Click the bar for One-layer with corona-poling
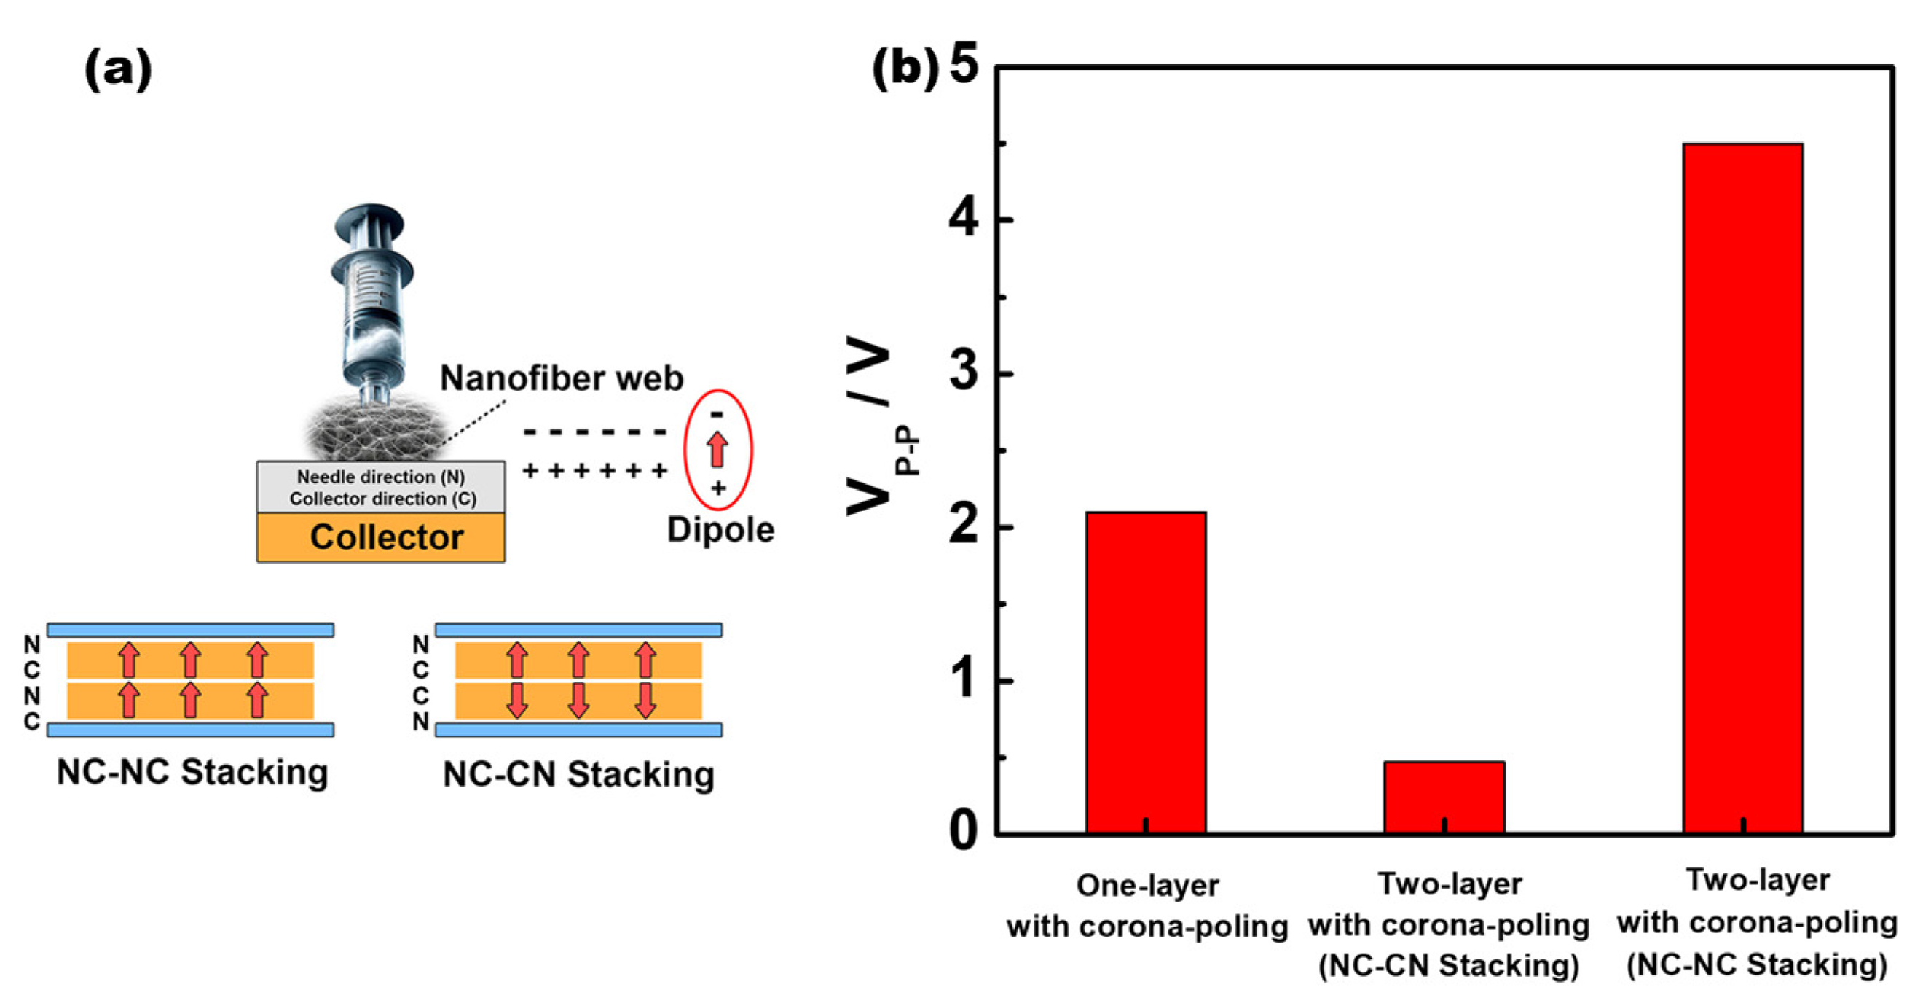point(1145,672)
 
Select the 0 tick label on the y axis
point(964,830)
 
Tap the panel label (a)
point(118,69)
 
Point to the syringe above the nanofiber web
point(371,299)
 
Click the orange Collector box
point(381,537)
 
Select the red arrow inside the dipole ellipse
point(717,449)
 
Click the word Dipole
point(720,529)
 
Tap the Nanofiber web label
point(562,378)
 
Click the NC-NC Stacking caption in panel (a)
point(192,772)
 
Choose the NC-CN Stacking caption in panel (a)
point(578,773)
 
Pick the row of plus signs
point(595,470)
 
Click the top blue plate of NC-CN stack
point(578,631)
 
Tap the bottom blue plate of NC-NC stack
point(190,730)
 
